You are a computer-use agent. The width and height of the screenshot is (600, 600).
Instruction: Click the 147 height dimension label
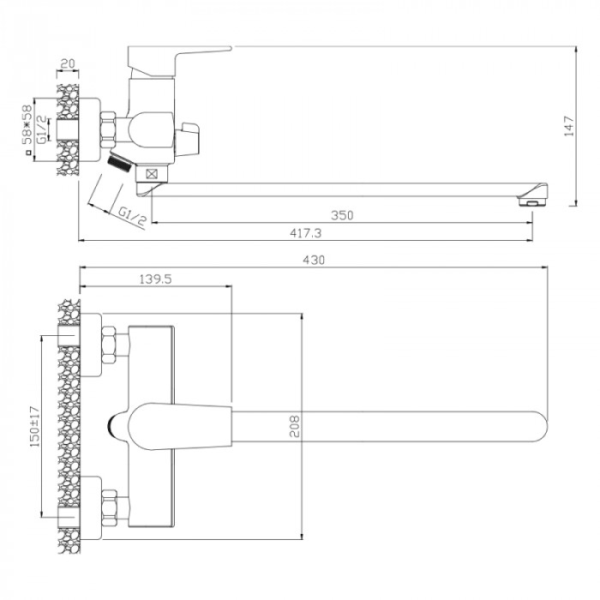[569, 126]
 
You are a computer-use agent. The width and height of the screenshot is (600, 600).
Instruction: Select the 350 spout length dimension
[342, 215]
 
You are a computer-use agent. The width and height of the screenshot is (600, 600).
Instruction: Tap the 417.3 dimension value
[305, 233]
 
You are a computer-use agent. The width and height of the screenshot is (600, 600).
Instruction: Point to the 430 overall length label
[314, 261]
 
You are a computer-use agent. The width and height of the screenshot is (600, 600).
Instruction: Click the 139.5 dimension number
[155, 279]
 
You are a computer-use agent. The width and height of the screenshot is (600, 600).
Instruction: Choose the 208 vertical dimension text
[295, 426]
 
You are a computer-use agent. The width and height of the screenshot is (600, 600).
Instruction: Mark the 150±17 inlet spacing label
[35, 426]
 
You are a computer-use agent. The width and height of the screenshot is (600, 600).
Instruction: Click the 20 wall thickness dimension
[68, 63]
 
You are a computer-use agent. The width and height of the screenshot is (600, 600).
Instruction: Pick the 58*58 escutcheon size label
[27, 125]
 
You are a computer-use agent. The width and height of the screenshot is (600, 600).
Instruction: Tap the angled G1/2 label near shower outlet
[132, 216]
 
